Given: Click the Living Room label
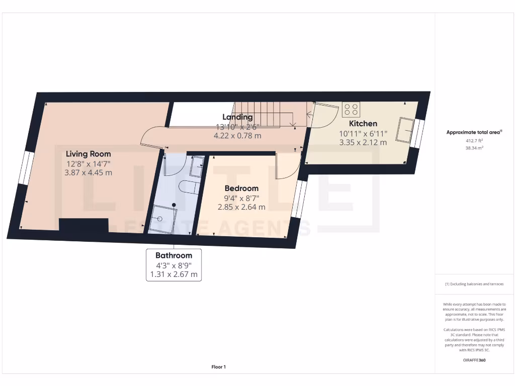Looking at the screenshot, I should point(88,154).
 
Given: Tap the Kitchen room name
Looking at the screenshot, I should point(363,124).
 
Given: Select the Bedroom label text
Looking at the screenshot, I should point(241,188).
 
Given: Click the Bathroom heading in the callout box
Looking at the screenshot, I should point(174,255).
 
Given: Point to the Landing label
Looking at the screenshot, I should point(237,117).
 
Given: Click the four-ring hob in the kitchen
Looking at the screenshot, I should point(351,110).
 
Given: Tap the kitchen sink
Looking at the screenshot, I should point(404,130).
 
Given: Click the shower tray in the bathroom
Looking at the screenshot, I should point(162,220).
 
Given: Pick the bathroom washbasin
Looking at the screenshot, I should point(197,164).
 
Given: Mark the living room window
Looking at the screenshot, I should point(25,168).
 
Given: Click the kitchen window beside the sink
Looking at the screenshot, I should point(417,133).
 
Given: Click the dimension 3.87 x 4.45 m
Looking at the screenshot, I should point(88,172).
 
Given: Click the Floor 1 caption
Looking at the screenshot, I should point(218,367).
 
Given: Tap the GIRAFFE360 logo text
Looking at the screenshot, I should point(474,360).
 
